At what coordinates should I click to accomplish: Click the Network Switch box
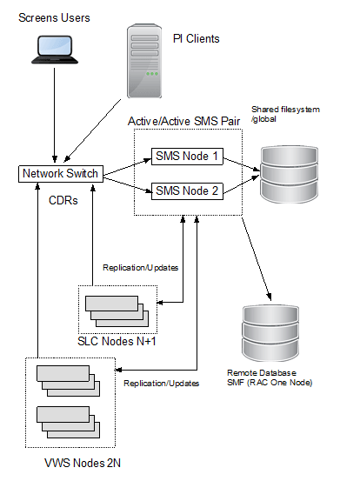61,174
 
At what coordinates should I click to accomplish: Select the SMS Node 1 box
187,157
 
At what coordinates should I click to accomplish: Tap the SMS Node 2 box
187,191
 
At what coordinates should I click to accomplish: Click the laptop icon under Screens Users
55,50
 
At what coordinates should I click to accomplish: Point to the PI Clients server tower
144,61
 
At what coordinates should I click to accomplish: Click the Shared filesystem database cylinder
290,174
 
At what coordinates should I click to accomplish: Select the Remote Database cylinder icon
270,333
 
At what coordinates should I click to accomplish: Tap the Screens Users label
54,17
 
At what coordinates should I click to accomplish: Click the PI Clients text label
197,39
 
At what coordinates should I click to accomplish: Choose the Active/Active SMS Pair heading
184,122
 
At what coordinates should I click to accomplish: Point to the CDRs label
63,201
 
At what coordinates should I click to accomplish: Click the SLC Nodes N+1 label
117,342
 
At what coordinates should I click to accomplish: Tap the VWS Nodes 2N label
83,464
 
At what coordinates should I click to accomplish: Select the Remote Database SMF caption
270,377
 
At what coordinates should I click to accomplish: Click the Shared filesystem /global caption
285,114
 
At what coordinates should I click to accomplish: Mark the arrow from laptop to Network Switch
55,115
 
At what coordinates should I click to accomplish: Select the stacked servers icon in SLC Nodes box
117,311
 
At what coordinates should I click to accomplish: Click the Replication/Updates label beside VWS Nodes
161,384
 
